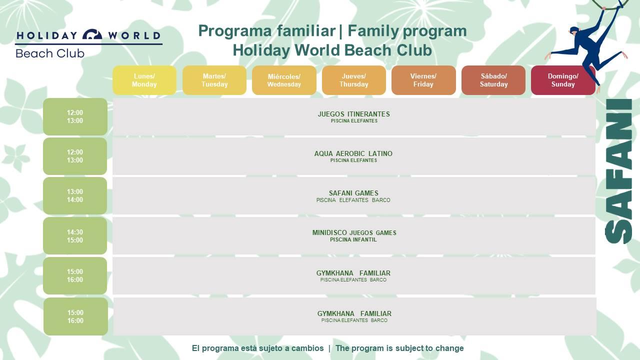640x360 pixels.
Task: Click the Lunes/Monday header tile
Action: point(144,80)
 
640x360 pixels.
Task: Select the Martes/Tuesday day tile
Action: point(214,80)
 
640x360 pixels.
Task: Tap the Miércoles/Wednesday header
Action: point(284,80)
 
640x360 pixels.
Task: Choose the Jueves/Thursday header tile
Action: point(353,80)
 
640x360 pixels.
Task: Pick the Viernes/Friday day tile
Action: point(423,80)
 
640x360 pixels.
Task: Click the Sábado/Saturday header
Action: point(493,80)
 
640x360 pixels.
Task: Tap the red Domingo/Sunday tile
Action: point(563,80)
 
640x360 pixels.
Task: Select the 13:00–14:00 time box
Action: point(75,195)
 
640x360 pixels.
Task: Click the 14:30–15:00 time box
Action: point(75,236)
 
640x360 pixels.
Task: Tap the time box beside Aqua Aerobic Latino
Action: point(75,156)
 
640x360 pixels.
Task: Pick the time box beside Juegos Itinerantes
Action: point(75,116)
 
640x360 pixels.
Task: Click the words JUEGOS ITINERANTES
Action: point(353,114)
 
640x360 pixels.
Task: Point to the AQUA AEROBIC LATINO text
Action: point(353,153)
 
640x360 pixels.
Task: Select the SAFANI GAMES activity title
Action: point(353,193)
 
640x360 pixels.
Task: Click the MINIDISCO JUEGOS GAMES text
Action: point(354,233)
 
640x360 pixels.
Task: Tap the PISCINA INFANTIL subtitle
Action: point(353,239)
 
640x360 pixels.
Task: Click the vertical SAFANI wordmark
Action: point(618,171)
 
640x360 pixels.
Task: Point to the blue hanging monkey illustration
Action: point(588,45)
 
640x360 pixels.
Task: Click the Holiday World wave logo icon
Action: point(92,34)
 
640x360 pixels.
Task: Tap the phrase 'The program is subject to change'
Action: point(399,348)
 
